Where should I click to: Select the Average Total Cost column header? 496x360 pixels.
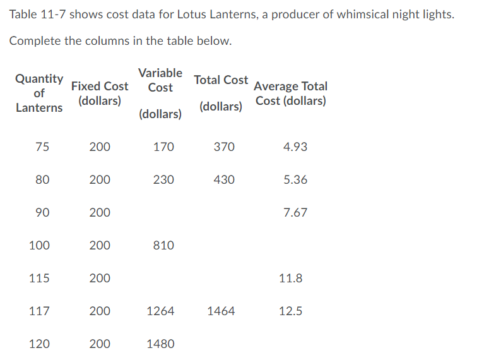click(291, 93)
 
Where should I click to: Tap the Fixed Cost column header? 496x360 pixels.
click(100, 93)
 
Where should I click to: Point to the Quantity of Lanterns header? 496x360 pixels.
click(39, 93)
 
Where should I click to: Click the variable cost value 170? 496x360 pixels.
click(163, 147)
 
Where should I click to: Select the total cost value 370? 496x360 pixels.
click(224, 147)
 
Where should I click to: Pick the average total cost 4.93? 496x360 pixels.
click(295, 147)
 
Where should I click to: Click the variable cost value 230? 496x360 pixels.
click(163, 180)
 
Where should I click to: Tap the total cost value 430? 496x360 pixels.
click(224, 180)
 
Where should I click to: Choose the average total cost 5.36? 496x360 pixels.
click(295, 180)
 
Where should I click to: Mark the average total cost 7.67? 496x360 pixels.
click(295, 213)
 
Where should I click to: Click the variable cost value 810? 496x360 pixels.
click(163, 246)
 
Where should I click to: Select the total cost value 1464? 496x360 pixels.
click(221, 311)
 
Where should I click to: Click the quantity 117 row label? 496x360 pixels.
click(39, 311)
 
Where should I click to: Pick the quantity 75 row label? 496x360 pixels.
click(42, 147)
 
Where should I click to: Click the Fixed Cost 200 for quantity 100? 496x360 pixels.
click(100, 246)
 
